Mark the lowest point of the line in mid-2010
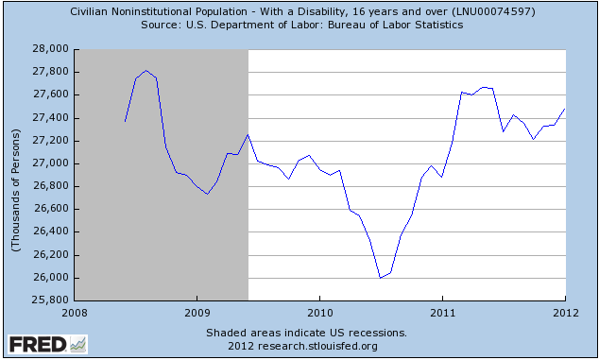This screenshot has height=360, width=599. click(x=380, y=278)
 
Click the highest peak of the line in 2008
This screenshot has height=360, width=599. click(x=146, y=70)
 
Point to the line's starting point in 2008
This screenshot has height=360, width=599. click(x=125, y=121)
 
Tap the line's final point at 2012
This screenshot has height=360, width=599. click(x=565, y=110)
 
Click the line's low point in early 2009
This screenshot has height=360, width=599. click(x=207, y=194)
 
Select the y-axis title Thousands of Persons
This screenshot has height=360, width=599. click(x=16, y=174)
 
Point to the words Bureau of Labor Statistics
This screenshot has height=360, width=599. click(x=392, y=25)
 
